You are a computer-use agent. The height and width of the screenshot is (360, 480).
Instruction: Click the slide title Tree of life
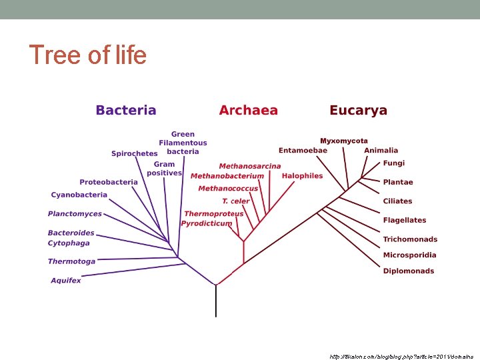(87, 55)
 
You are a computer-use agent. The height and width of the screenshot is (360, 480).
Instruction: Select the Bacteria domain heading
(126, 111)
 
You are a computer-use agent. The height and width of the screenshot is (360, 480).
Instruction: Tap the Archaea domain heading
(248, 111)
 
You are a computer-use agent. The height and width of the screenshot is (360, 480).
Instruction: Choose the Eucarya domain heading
(358, 111)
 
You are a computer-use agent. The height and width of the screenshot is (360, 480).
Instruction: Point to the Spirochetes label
(134, 154)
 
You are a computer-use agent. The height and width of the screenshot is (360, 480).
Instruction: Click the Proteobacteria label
(109, 182)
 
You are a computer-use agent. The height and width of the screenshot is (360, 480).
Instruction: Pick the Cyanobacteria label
(79, 195)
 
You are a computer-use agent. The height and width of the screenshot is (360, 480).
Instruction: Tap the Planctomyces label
(75, 214)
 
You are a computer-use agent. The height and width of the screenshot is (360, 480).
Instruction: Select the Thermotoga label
(71, 261)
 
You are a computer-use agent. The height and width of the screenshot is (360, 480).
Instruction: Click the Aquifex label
(65, 281)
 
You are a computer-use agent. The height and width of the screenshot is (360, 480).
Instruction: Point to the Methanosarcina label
(250, 166)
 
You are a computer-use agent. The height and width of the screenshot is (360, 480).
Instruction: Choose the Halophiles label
(302, 176)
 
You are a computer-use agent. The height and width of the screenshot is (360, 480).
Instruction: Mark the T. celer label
(235, 201)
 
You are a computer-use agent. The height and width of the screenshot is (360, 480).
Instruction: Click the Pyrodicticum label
(207, 223)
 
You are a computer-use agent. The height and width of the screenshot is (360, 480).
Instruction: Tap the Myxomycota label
(344, 141)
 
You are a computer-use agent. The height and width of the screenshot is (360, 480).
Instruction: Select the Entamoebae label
(303, 150)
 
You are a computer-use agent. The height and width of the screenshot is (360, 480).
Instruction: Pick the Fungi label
(393, 163)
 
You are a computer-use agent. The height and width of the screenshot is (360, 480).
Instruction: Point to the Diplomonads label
(408, 271)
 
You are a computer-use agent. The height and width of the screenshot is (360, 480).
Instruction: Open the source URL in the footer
(401, 357)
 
